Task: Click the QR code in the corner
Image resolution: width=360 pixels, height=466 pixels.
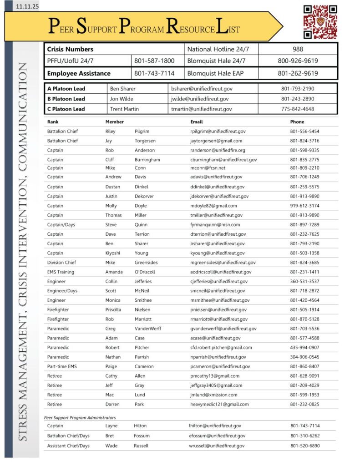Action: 320,21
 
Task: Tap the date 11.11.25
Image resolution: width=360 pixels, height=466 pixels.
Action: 26,7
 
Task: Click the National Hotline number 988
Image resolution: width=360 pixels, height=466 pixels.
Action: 298,49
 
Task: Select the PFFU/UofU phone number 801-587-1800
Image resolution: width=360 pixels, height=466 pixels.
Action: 154,61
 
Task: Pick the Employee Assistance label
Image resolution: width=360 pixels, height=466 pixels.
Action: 79,73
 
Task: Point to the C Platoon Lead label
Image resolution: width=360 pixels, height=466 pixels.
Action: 66,109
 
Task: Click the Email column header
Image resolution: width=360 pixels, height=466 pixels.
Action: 197,122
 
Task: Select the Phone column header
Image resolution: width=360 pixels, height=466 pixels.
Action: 297,122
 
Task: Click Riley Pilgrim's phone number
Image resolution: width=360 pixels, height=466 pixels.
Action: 304,132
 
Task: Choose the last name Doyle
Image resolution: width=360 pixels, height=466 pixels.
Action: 141,206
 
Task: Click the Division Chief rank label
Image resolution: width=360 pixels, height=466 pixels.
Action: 62,263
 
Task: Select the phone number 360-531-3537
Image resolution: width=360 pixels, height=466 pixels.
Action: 304,281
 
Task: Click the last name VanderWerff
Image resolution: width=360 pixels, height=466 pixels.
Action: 148,329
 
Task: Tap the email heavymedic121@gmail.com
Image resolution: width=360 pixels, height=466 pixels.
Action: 219,404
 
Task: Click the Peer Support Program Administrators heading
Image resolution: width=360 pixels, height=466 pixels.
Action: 80,417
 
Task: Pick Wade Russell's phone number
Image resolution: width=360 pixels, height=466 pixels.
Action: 305,446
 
